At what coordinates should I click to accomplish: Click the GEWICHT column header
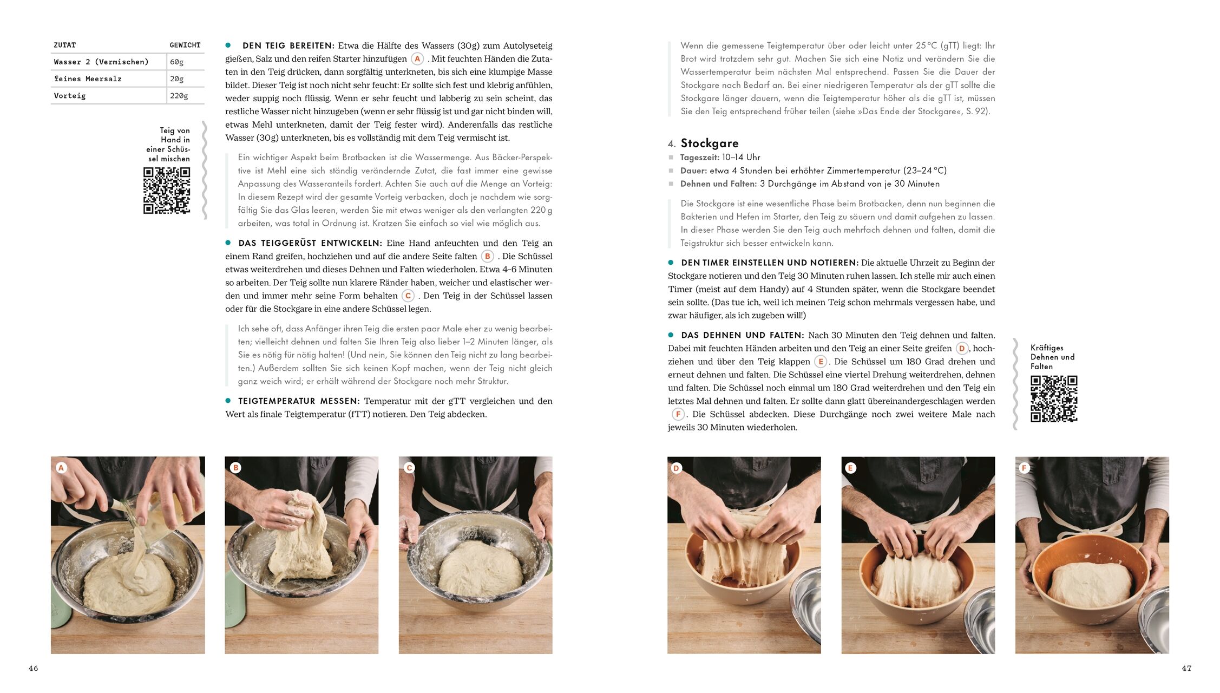pos(185,45)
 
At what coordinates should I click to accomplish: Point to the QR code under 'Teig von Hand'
pos(167,191)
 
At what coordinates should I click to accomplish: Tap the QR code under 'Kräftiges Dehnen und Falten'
pos(1054,399)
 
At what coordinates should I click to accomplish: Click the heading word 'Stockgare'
pos(710,143)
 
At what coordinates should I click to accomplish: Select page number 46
pos(34,669)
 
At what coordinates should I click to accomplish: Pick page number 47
pos(1186,669)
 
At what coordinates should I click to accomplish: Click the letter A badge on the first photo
pos(61,468)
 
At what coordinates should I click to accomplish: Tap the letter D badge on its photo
pos(676,468)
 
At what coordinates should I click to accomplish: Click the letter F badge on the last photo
pos(1024,468)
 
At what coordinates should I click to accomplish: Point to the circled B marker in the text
pos(488,257)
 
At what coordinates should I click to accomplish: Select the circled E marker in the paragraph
pos(821,362)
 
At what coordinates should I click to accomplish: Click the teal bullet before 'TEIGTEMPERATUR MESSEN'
pos(228,401)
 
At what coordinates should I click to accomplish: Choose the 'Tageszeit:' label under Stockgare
pos(699,158)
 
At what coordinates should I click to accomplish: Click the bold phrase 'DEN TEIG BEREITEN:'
pos(288,45)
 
